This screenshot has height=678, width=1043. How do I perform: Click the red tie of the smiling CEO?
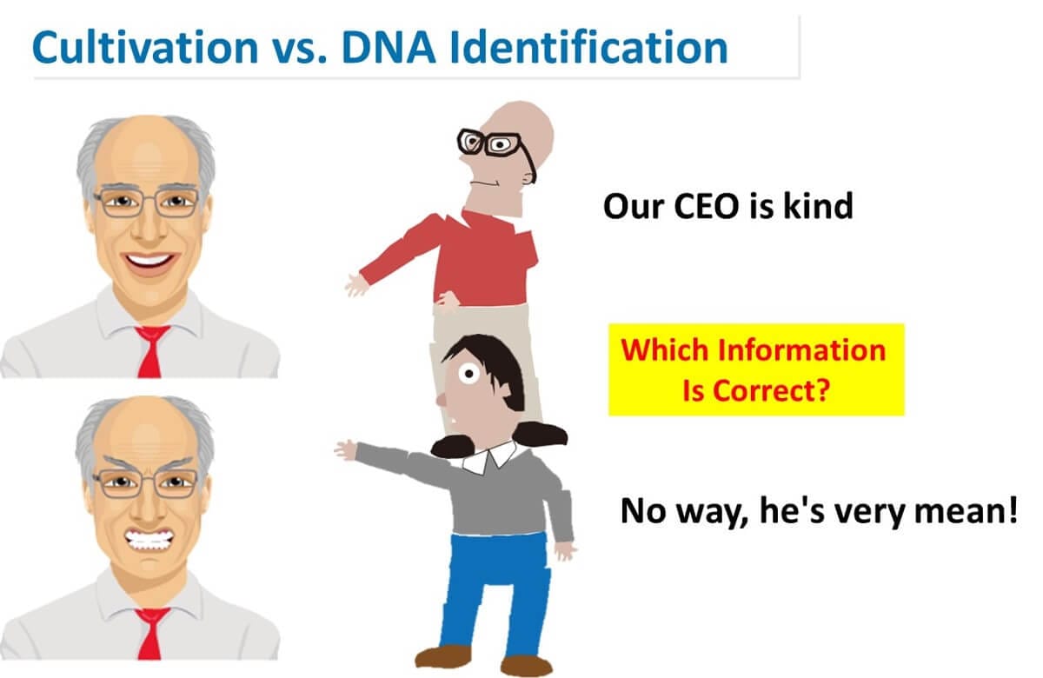[151, 351]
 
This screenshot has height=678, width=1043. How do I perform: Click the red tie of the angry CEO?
[151, 634]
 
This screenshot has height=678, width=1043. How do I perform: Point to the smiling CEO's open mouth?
[149, 263]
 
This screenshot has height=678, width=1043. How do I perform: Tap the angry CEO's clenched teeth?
[149, 540]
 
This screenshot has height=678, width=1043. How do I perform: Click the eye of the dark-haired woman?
[468, 374]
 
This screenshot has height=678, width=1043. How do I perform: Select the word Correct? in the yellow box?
[772, 390]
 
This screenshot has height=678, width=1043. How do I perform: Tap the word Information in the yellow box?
[801, 349]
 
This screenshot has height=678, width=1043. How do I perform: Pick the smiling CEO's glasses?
[146, 203]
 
